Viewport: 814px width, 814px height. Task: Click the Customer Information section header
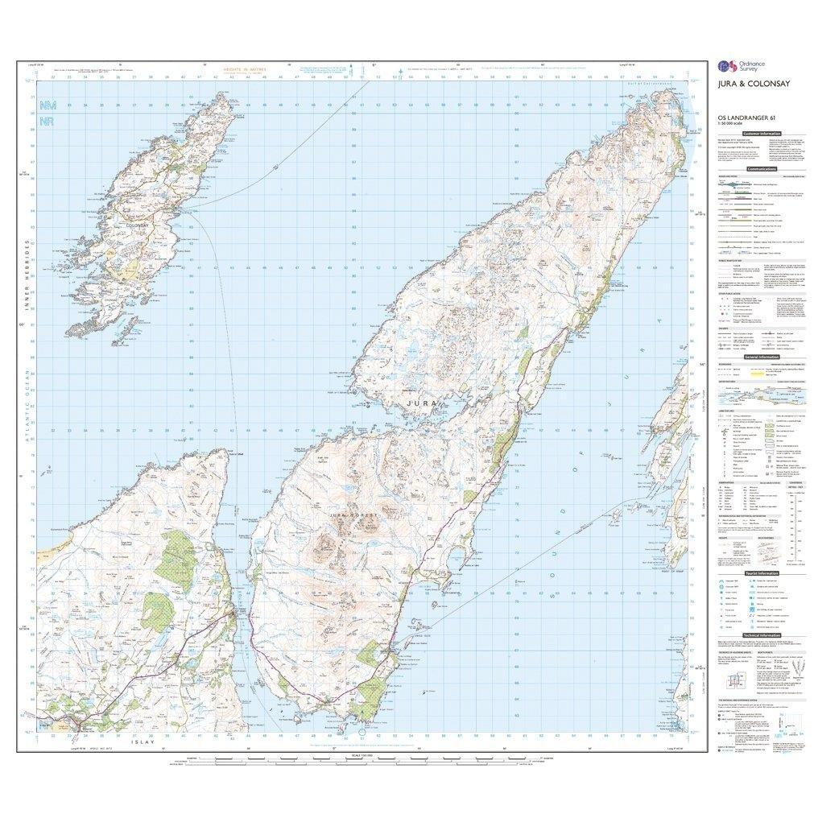tap(761, 133)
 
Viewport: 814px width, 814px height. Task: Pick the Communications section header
tap(761, 169)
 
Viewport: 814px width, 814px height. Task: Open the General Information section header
tap(761, 357)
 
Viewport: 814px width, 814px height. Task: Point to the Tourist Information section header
tap(761, 572)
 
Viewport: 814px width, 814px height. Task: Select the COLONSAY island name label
tap(138, 226)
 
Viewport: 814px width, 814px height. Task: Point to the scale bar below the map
tap(362, 760)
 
